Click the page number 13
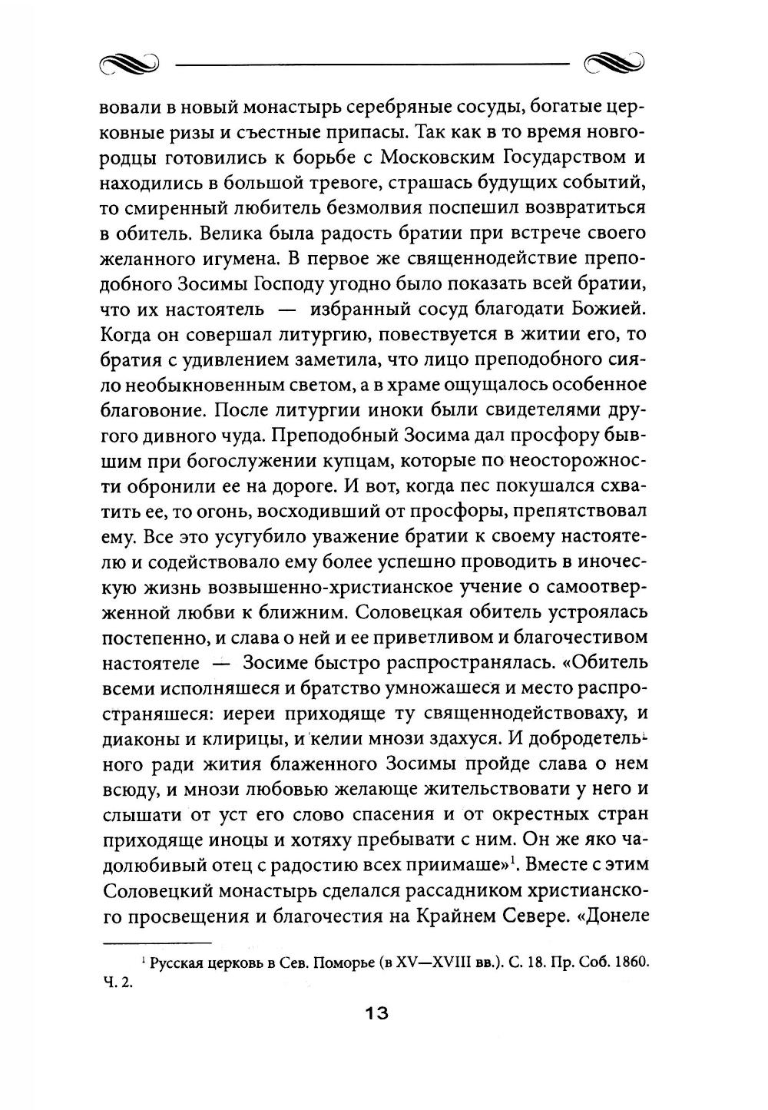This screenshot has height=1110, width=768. (376, 1013)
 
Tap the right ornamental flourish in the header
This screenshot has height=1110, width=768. (614, 65)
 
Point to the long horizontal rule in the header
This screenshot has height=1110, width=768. (372, 65)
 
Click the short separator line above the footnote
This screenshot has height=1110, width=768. (157, 943)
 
